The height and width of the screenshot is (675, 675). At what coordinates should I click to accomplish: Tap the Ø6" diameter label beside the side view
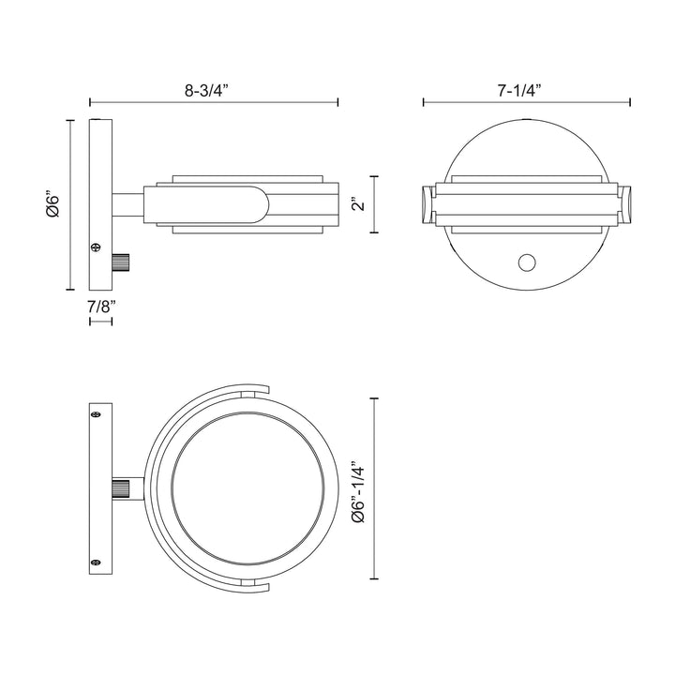tap(53, 204)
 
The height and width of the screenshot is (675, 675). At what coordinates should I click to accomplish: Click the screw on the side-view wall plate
tap(95, 247)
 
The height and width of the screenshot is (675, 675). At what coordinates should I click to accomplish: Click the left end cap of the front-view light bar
tap(427, 203)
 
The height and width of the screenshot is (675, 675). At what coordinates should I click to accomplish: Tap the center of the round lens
tap(248, 488)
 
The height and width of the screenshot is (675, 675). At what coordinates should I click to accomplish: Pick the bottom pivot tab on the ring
tap(247, 583)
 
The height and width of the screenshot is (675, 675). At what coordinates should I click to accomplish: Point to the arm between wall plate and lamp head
tap(127, 203)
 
